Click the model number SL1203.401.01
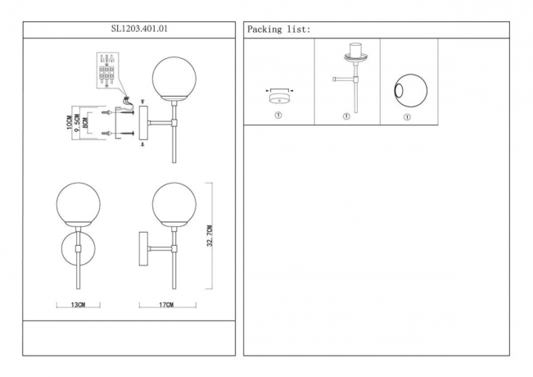(x=139, y=29)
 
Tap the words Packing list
(x=278, y=30)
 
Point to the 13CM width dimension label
(x=78, y=305)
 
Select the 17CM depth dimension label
(x=166, y=305)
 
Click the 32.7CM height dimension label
(x=210, y=235)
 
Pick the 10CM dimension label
(x=70, y=122)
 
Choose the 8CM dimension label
(x=85, y=122)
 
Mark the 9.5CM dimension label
(x=77, y=123)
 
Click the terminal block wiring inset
(x=107, y=70)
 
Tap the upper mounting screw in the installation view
(x=118, y=112)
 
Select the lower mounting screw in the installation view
(x=118, y=134)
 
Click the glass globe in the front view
(x=78, y=204)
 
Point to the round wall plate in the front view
(x=78, y=248)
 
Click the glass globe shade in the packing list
(x=411, y=90)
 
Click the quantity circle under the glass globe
(x=407, y=117)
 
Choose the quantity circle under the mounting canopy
(x=278, y=116)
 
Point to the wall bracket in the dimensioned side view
(x=143, y=249)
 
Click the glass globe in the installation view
(x=174, y=79)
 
